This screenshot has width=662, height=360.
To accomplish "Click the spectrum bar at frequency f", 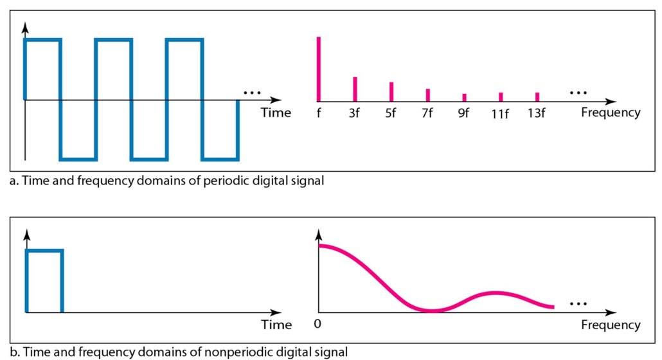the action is (x=319, y=69).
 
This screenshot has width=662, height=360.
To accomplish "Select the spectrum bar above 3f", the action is (x=355, y=89).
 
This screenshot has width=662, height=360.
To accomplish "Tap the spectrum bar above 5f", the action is (x=391, y=92).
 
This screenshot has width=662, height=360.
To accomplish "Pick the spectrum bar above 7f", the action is (x=427, y=95).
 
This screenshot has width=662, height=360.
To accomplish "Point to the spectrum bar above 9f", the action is (x=465, y=98).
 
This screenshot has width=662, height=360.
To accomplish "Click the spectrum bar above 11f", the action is (x=501, y=97).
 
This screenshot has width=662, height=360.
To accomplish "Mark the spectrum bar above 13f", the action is (x=537, y=97).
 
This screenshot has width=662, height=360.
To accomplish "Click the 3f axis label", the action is (x=354, y=113).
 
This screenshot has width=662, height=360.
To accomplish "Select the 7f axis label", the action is (x=427, y=113).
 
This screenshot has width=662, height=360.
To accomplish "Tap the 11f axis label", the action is (x=500, y=114).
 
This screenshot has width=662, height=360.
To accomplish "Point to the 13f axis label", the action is (x=536, y=113).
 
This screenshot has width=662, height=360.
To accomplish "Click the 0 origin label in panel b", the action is (x=318, y=324).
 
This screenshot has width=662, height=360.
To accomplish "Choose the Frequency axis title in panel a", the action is (x=611, y=113).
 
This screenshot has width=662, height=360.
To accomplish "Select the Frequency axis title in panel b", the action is (x=611, y=325).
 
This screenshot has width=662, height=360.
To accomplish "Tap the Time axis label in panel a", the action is (x=276, y=113).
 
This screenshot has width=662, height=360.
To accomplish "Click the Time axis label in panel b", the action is (x=276, y=325).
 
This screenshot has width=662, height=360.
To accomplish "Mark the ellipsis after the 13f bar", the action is (x=578, y=93).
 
